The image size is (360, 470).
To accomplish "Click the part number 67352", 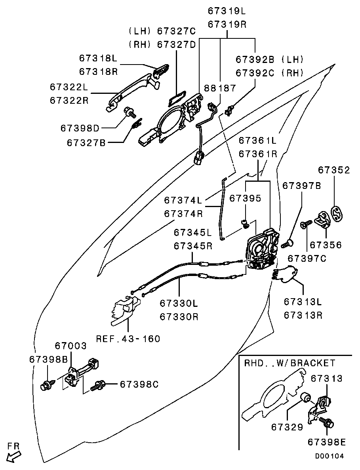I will tap(334, 170).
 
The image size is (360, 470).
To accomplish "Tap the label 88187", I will tap(220, 88).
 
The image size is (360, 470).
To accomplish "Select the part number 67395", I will tap(246, 198).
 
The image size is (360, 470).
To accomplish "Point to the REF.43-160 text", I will tap(128, 339).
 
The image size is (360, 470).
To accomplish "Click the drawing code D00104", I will tap(329, 456).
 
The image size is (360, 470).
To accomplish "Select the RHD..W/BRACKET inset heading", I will tap(290, 363).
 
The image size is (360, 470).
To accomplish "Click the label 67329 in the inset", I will tap(287, 427).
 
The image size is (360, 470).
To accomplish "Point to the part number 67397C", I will tap(307, 258).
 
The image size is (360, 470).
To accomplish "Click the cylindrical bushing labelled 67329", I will tap(306, 397).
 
